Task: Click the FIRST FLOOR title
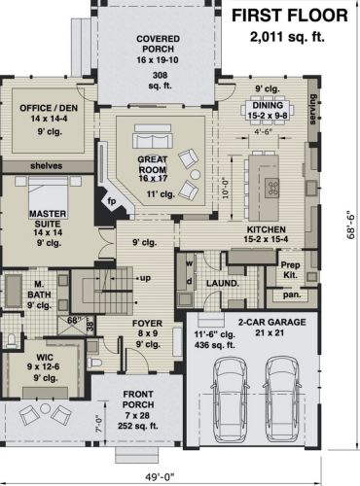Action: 290,16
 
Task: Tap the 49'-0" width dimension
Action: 160,477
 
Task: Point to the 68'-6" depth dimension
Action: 351,223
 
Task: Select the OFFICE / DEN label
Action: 49,108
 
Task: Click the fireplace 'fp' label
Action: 112,201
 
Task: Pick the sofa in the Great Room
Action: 153,136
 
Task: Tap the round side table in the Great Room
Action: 195,175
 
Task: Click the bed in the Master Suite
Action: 49,193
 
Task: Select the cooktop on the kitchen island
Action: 272,188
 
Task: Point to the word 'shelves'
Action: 47,166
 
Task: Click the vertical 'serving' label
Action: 312,109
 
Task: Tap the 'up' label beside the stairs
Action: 145,278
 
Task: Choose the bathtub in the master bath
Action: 13,291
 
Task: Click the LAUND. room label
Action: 223,284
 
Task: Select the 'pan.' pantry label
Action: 292,295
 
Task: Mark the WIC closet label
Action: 45,358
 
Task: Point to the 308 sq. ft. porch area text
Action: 161,81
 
